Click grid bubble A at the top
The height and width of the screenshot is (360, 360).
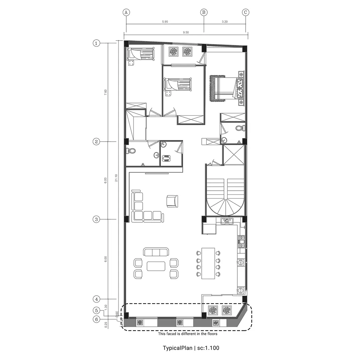coord(126,12)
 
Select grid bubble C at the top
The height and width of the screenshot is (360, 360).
coord(245,12)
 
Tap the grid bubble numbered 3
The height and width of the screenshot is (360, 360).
coord(96,219)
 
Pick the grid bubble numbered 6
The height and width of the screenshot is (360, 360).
coord(96,319)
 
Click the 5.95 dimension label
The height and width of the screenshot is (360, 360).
coord(165,22)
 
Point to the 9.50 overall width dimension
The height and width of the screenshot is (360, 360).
coord(186,32)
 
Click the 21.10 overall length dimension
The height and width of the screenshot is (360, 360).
coord(116,178)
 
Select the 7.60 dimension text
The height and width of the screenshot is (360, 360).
coord(105,92)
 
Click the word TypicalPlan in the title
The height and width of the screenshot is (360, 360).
coord(177,348)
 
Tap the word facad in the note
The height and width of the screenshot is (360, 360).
coord(172,334)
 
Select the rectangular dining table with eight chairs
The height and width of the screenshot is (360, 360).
coord(208,263)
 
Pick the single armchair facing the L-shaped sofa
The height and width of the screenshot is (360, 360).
coord(172,201)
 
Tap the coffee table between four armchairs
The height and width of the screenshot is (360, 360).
coord(156,266)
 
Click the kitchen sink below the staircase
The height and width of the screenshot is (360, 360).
coord(227,221)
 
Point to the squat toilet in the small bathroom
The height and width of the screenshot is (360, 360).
coord(166,158)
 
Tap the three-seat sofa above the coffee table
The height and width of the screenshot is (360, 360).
coord(156,252)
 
